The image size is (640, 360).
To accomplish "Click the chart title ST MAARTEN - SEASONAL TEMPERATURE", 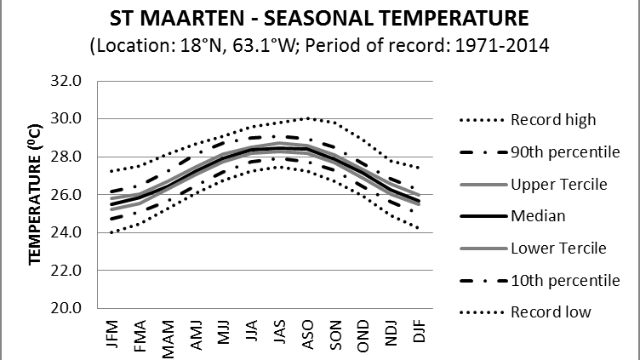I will pyautogui.click(x=319, y=19).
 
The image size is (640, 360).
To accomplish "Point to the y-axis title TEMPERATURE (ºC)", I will pyautogui.click(x=36, y=193).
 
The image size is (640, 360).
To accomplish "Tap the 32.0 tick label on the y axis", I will pyautogui.click(x=67, y=81).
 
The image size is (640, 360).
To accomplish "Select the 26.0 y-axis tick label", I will pyautogui.click(x=67, y=195).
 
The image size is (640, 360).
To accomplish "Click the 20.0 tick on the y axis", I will pyautogui.click(x=67, y=308).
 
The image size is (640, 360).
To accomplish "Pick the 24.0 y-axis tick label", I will pyautogui.click(x=67, y=232).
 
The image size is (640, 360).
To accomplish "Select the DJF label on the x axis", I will pyautogui.click(x=419, y=333).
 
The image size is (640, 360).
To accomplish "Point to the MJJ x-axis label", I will pyautogui.click(x=224, y=333).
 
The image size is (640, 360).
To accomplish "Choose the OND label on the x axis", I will pyautogui.click(x=363, y=333).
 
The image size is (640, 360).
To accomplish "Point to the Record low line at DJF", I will pyautogui.click(x=419, y=227).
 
